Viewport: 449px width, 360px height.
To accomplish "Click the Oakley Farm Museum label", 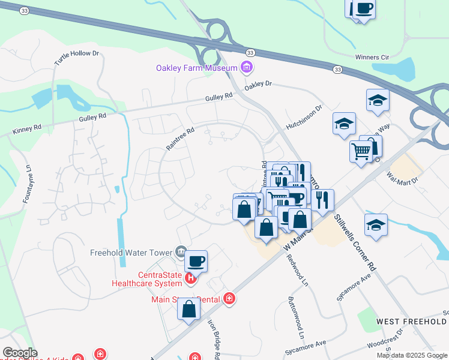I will coord(197,68).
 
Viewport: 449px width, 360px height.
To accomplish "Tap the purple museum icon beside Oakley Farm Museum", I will coord(246,68).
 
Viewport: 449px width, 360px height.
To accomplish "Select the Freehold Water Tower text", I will coord(132,251).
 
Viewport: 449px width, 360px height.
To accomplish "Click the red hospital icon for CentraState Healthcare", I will coord(190,278).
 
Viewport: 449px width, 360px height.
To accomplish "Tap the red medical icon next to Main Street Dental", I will coord(229,298).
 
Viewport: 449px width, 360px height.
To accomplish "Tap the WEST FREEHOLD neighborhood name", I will coord(411,322).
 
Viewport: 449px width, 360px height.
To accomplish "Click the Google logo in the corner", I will coord(19,353).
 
